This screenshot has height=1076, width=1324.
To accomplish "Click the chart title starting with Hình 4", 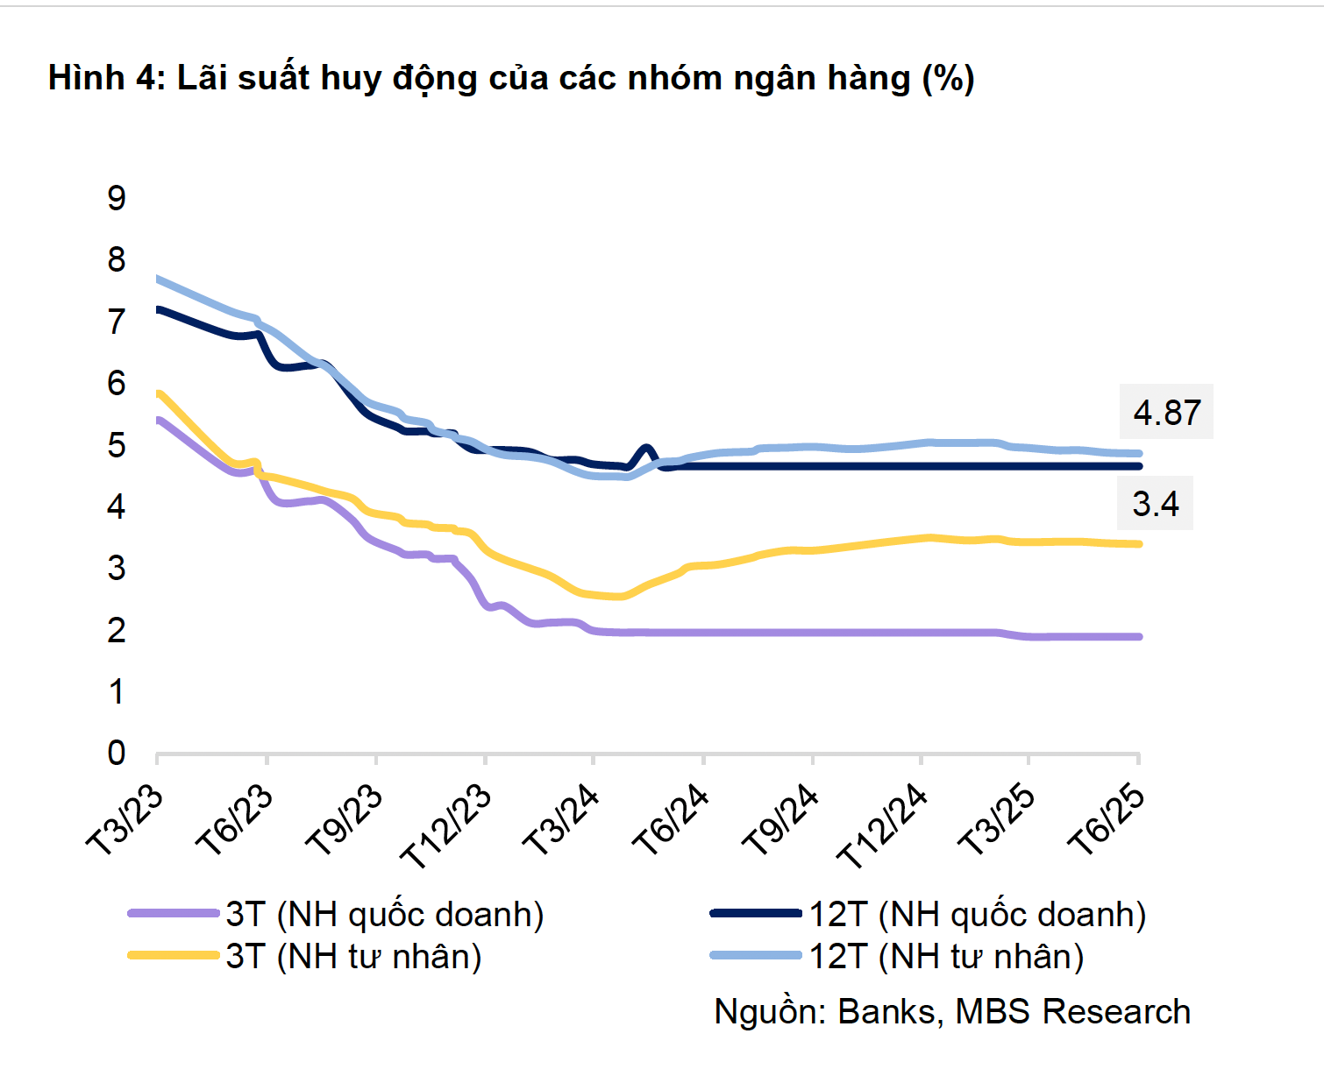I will click(511, 78).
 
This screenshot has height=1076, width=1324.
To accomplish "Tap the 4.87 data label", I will click(1166, 412).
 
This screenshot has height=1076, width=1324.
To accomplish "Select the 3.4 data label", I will click(1156, 504).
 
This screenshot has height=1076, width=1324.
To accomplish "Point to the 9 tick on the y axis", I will click(117, 198).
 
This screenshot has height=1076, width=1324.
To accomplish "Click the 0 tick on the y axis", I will click(117, 753).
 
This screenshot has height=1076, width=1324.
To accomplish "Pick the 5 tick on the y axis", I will click(117, 445).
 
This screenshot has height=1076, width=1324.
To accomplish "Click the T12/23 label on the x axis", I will click(445, 826).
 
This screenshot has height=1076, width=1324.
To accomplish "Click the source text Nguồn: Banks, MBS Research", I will click(952, 1011).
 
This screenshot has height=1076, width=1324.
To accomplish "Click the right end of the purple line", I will click(1138, 636).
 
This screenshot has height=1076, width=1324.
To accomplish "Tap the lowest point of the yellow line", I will click(618, 596).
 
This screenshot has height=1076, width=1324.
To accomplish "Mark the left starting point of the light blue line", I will click(158, 279).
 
